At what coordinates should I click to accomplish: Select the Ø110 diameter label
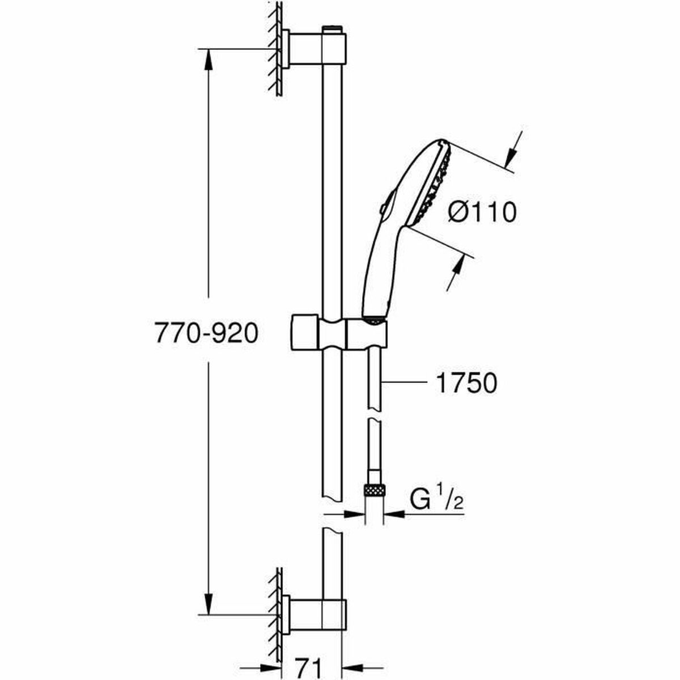[482, 212]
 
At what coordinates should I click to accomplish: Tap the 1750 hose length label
[466, 383]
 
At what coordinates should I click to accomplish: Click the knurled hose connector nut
[373, 488]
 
